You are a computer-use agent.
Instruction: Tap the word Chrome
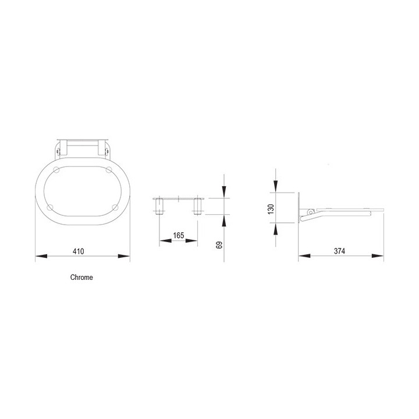(x=81, y=278)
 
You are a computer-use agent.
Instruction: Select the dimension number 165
(x=179, y=235)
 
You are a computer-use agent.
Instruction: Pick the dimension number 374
(x=340, y=251)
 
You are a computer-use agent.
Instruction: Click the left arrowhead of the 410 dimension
(x=39, y=256)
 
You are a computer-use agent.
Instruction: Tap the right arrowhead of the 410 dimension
(x=125, y=256)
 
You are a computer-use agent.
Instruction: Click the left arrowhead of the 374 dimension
(x=302, y=256)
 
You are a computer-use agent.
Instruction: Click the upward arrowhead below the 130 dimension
(x=275, y=228)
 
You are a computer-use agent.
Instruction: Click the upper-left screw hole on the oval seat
(x=56, y=170)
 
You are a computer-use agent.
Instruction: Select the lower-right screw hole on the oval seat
(x=114, y=207)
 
